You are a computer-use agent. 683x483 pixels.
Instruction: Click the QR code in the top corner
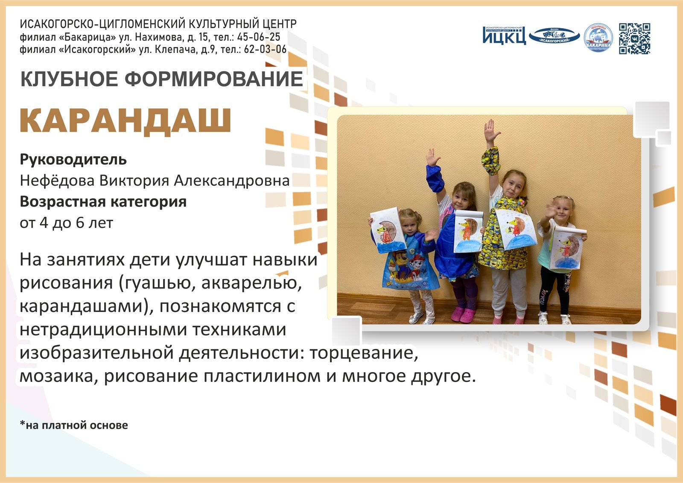(635, 38)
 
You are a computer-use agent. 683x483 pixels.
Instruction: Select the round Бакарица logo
(598, 38)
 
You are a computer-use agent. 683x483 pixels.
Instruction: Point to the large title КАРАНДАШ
(126, 121)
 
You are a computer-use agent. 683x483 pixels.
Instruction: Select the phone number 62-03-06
(265, 49)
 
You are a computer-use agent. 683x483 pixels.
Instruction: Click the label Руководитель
(73, 160)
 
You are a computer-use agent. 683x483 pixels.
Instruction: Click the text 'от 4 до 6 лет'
(66, 223)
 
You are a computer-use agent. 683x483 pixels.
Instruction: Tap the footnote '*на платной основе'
(74, 425)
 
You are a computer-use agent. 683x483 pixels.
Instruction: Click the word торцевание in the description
(363, 353)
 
